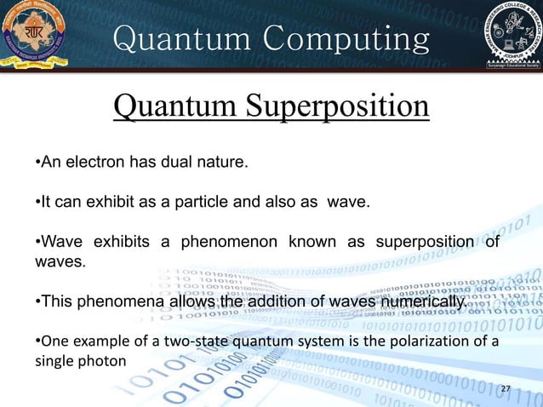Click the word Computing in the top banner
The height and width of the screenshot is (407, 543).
click(x=342, y=38)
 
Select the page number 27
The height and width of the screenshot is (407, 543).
click(x=506, y=389)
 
